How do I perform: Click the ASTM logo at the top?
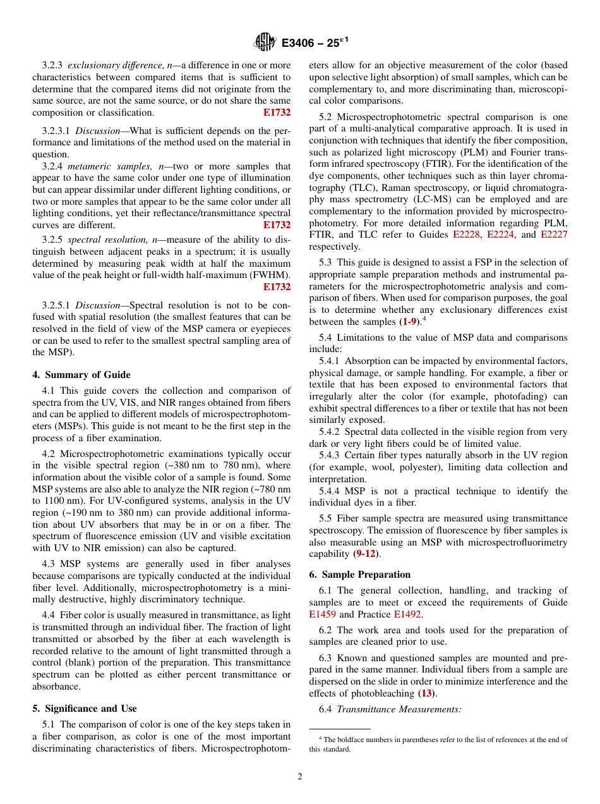[265, 42]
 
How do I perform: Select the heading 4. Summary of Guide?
[81, 375]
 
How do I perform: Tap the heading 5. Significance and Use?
[85, 709]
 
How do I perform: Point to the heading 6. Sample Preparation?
[359, 575]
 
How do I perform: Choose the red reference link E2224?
[501, 234]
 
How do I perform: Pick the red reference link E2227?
[554, 234]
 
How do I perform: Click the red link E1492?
[408, 614]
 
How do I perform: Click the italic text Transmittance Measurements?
[399, 710]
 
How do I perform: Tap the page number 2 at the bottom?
[300, 777]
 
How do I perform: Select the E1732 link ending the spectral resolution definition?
[277, 287]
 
